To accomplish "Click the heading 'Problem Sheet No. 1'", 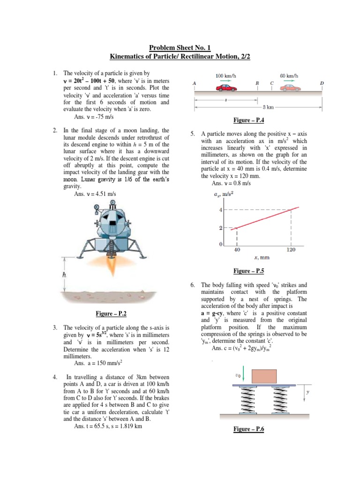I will (x=180, y=48).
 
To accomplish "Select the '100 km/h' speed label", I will (x=226, y=75).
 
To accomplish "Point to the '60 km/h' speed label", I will (x=289, y=75).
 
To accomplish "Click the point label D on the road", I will (x=322, y=83).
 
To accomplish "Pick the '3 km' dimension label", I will (x=268, y=107).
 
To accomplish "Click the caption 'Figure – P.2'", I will (x=109, y=312).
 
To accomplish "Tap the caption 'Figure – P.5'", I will (x=248, y=271).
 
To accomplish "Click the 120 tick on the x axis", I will (x=292, y=250).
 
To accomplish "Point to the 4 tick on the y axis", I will (x=221, y=210).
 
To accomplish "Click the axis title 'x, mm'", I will (x=262, y=257).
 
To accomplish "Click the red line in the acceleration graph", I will (x=262, y=219).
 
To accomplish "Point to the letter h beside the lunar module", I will (x=65, y=275).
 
